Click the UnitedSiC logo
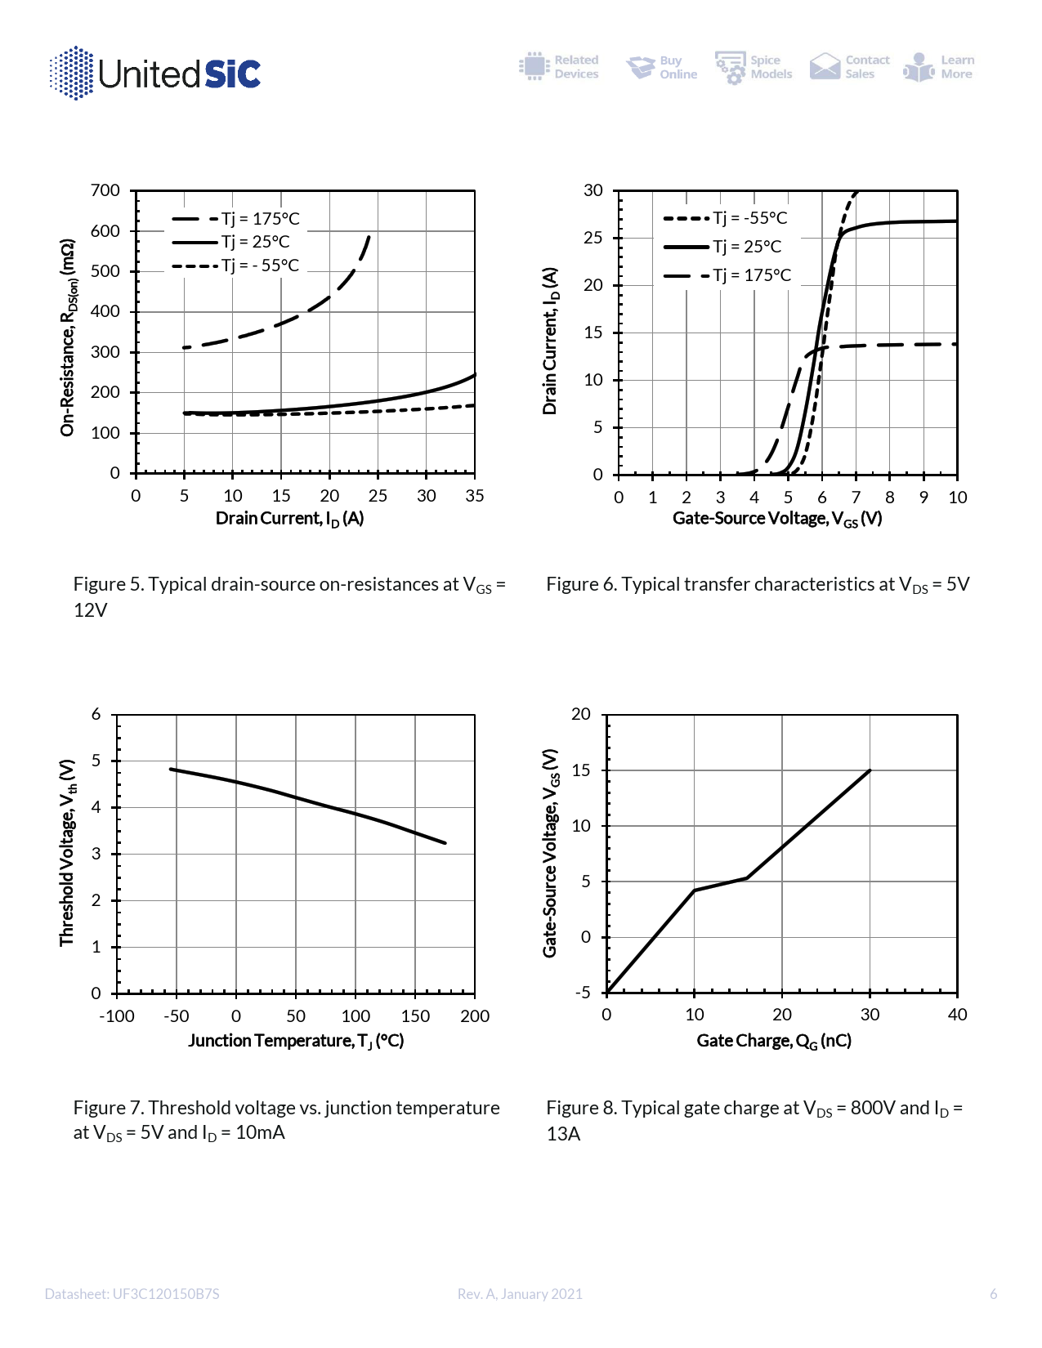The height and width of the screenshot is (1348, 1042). point(155,74)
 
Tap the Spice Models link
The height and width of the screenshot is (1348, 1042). point(753,67)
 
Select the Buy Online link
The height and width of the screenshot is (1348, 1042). point(661,67)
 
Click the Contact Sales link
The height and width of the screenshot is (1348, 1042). point(849,67)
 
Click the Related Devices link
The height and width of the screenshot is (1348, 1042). point(559,67)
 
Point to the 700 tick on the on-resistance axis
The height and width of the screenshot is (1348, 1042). point(105,191)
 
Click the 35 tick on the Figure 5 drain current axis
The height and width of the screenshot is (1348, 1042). point(475,496)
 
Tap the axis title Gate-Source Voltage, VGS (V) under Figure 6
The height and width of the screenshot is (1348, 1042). point(777,519)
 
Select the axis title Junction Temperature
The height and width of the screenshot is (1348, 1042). point(296,1041)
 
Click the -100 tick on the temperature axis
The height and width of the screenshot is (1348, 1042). point(117,1016)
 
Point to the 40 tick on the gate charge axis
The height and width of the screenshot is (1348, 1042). point(957,1015)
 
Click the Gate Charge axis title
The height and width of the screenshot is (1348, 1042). point(774,1041)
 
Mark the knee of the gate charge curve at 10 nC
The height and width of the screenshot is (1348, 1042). point(695,890)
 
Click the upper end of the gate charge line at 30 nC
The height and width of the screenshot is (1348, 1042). point(870,770)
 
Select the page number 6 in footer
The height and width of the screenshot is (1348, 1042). point(993,1294)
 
